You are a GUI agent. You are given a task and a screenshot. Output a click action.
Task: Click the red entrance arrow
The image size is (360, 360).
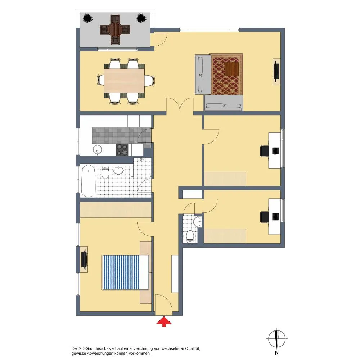pos(164,321)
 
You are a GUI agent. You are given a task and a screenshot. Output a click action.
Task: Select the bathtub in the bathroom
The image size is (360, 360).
pos(89,181)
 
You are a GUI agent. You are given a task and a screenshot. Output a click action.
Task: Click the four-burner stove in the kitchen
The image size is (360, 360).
pos(122,149)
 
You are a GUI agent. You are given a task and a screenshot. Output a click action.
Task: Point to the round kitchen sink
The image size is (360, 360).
pos(98,150)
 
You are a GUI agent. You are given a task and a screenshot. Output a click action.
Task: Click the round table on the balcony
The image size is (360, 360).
pos(115,30)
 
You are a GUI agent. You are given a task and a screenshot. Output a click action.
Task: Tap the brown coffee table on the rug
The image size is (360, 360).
pos(231,69)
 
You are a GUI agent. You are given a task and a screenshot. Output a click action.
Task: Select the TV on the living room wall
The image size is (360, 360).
pos(276,72)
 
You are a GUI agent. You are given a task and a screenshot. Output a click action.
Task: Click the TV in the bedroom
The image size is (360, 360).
pos(84,260)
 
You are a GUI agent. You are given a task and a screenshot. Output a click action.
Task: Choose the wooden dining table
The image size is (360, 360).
pos(124,81)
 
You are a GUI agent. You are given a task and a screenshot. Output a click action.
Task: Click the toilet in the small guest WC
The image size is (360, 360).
pos(190,237)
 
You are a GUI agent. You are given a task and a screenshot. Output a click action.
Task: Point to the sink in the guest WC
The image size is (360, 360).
pos(197,222)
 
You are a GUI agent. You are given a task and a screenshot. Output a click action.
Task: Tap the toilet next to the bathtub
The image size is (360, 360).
pos(105,172)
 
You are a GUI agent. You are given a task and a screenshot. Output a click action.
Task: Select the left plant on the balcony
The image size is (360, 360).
pos(87,18)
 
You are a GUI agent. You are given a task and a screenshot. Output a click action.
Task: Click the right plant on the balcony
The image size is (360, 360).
pos(141,18)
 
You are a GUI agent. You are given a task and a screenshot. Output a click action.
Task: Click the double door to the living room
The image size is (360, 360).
pos(180,105)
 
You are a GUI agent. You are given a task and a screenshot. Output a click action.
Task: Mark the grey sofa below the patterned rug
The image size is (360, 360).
pos(223,103)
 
